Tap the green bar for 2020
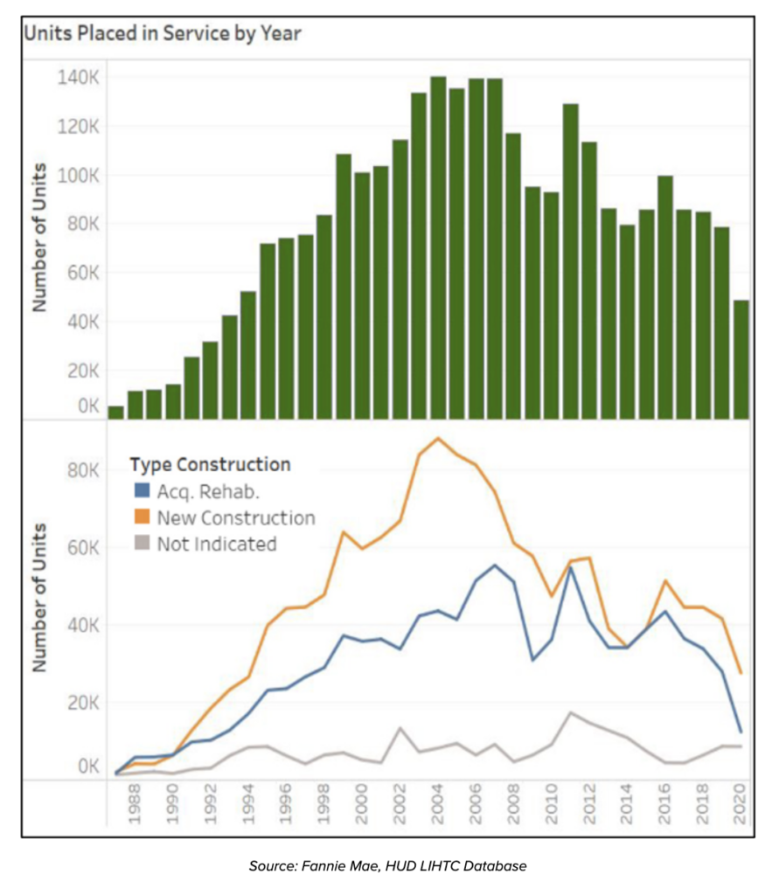coord(741,358)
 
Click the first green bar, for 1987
coord(116,412)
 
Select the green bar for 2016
coord(665,296)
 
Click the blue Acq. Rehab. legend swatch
coord(141,489)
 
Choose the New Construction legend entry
coord(235,517)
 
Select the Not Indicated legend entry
coord(216,545)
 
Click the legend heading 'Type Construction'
coord(210,464)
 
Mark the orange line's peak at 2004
coord(438,438)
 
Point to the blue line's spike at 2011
coord(570,567)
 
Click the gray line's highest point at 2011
coord(570,712)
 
